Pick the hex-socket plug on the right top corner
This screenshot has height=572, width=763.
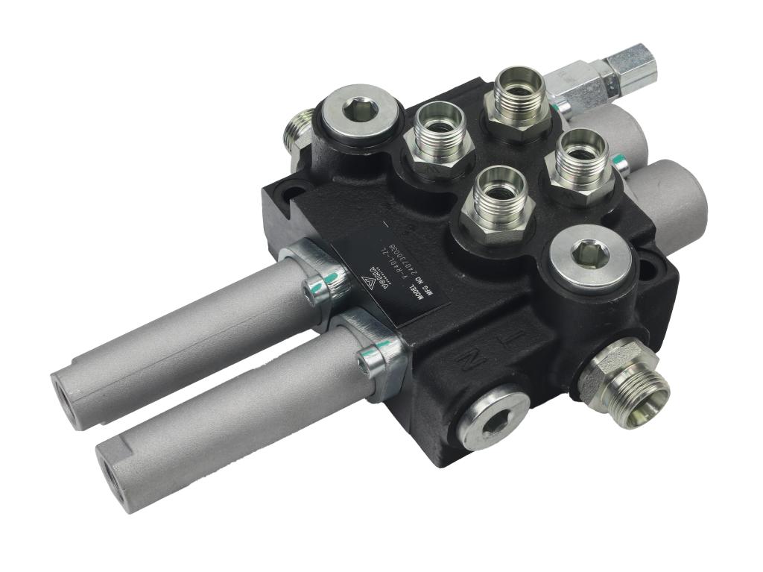click(x=591, y=257)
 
